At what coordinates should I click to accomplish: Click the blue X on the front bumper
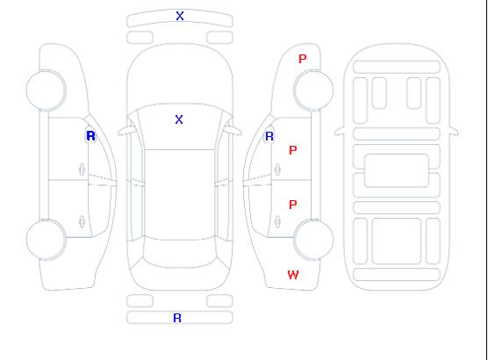click(x=180, y=16)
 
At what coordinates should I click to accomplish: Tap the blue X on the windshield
click(x=179, y=119)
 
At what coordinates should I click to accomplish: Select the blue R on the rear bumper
click(x=177, y=318)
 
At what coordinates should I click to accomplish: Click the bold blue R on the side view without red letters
click(x=90, y=136)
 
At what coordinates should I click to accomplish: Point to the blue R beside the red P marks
click(x=269, y=136)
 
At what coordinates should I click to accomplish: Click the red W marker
click(x=293, y=275)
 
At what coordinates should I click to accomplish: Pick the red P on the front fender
click(x=303, y=59)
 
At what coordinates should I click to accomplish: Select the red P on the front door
click(x=293, y=150)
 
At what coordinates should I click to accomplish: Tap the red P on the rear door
click(x=293, y=205)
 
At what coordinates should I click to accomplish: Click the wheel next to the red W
click(x=313, y=239)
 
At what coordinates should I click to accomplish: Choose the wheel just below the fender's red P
click(x=313, y=90)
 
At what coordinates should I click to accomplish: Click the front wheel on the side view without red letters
click(x=46, y=90)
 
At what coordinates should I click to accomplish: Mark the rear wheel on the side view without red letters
click(x=46, y=239)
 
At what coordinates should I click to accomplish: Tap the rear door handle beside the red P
click(x=277, y=221)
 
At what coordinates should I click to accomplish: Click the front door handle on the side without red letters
click(x=83, y=169)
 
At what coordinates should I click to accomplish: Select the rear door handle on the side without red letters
click(x=83, y=221)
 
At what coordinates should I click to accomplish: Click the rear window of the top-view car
click(x=180, y=254)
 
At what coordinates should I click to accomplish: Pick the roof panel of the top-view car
click(x=180, y=195)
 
